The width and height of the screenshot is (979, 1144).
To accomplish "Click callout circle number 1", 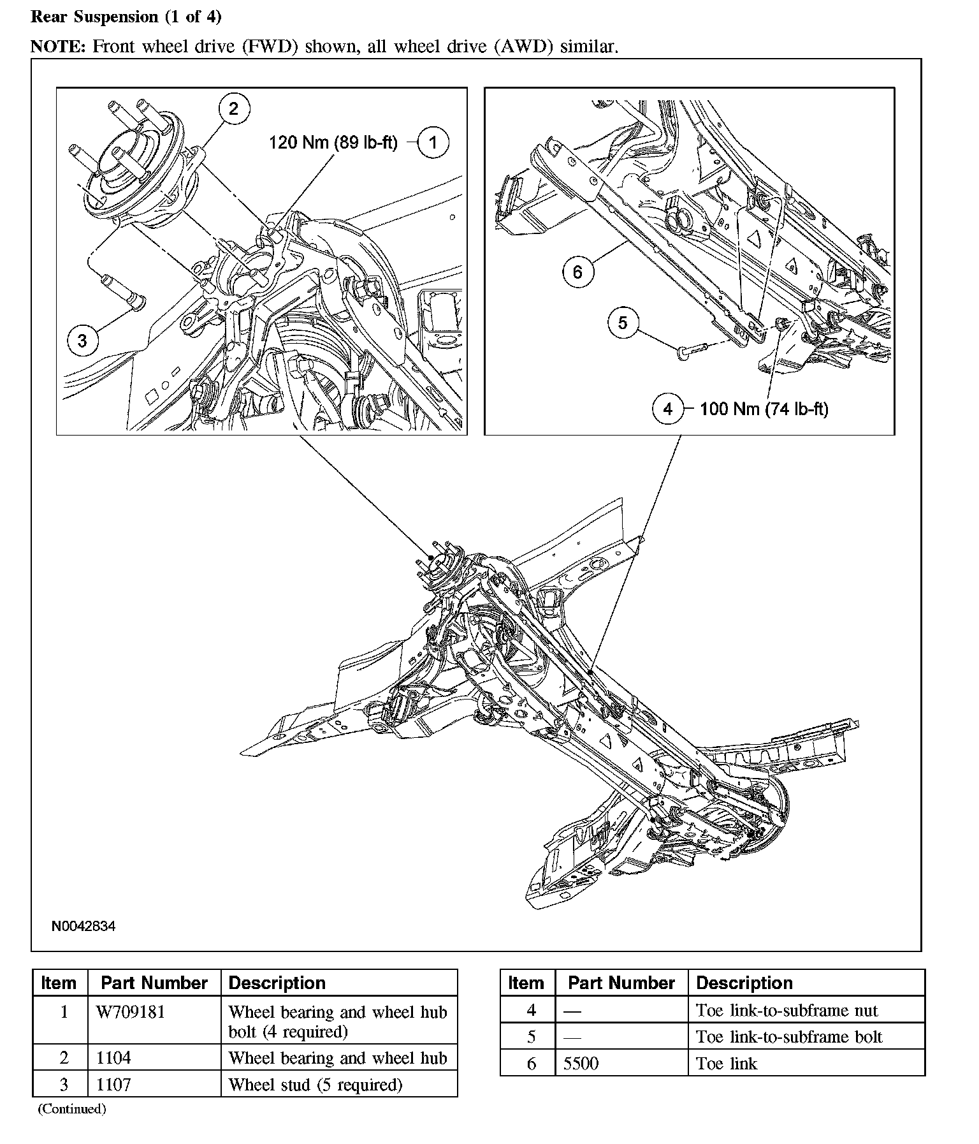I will click(433, 142).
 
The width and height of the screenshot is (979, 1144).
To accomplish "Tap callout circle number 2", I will click(233, 108).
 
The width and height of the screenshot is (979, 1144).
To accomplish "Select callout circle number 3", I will click(82, 341).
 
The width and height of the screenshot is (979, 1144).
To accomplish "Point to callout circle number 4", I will click(667, 409).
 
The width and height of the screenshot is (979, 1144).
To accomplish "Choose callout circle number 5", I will click(623, 323).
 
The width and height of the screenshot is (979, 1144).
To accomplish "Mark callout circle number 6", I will click(577, 272).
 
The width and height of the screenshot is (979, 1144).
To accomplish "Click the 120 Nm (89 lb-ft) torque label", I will click(333, 142).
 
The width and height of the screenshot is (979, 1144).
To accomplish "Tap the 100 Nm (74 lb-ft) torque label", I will click(764, 409).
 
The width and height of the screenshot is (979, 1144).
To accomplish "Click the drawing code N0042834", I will click(83, 926).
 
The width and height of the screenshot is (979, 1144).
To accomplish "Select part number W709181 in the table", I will click(130, 1012).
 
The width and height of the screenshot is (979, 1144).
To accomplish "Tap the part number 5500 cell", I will click(581, 1063).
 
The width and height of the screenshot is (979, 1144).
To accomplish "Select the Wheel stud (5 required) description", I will click(315, 1084).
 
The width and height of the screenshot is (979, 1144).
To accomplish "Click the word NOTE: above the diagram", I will click(59, 46).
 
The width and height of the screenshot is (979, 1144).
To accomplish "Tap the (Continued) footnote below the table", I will click(71, 1109).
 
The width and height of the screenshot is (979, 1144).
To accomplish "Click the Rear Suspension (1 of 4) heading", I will click(126, 17).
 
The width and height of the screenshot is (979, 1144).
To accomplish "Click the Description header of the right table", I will click(744, 983).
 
